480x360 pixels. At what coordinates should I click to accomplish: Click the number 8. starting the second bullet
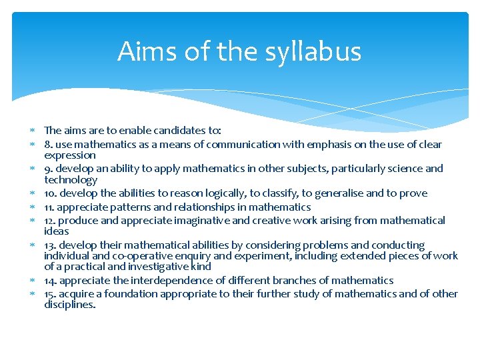click(x=48, y=145)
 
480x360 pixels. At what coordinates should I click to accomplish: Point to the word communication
click(x=244, y=145)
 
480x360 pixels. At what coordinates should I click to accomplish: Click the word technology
click(x=71, y=180)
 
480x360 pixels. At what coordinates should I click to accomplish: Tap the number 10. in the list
click(x=51, y=193)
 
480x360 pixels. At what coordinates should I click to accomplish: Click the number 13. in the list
click(x=51, y=245)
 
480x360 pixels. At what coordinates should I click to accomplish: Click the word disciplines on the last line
click(x=70, y=305)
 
